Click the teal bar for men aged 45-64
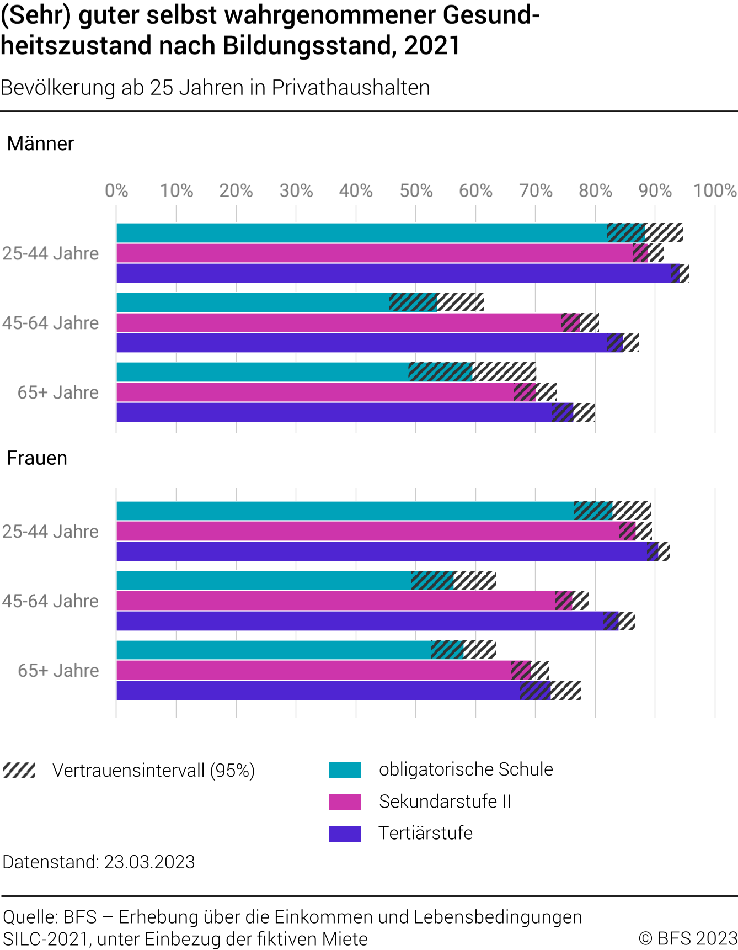click(x=254, y=302)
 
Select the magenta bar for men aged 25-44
click(x=375, y=253)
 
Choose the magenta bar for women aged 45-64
click(x=336, y=601)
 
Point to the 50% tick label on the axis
click(x=416, y=191)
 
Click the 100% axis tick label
click(x=715, y=191)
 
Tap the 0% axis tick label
click(x=116, y=191)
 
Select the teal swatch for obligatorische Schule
click(x=345, y=770)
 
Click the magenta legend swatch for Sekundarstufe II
click(x=345, y=802)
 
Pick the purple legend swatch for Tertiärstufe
click(x=345, y=834)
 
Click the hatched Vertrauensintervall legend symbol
click(x=19, y=771)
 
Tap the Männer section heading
click(x=40, y=144)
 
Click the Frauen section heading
click(x=37, y=459)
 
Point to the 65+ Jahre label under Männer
click(x=58, y=392)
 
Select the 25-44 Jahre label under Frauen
click(x=50, y=532)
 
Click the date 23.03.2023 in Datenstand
click(x=149, y=862)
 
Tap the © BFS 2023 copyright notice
click(x=688, y=938)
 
